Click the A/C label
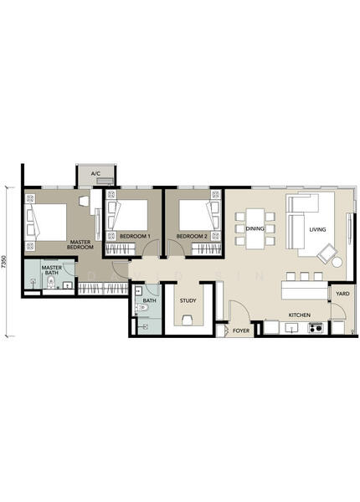click(95, 174)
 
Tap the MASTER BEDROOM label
click(80, 244)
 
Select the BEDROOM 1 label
click(135, 236)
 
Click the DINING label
click(255, 228)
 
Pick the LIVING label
click(317, 229)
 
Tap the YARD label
click(342, 294)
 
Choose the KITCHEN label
click(300, 315)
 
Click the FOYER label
click(241, 330)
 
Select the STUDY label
click(188, 300)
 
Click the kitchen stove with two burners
click(316, 328)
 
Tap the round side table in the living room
click(337, 262)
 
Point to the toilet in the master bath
click(51, 283)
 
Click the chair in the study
click(187, 320)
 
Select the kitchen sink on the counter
click(291, 328)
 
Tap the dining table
click(255, 228)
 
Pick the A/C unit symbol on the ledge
click(105, 182)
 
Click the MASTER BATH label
click(52, 270)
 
